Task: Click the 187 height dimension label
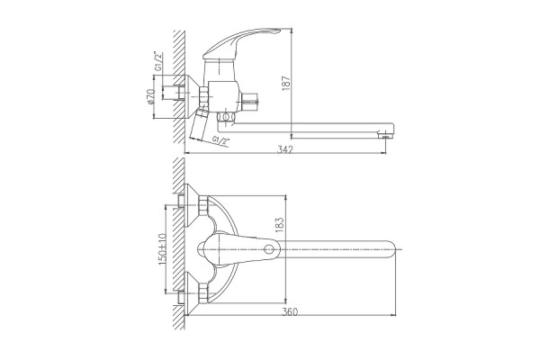286,83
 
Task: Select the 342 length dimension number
285,149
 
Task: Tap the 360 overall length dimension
290,312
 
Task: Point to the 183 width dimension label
280,224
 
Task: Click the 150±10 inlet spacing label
162,249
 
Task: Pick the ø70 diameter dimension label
149,96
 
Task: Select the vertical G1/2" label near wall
158,61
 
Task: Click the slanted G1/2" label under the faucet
220,140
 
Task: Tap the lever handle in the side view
242,42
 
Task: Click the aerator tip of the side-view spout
385,135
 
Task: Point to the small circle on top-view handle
268,249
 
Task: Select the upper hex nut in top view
204,206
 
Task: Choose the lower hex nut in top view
204,293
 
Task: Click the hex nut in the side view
204,96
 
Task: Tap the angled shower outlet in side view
198,125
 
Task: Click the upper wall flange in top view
193,206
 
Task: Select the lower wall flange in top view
193,292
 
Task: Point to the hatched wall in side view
179,87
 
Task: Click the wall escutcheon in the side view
193,96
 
